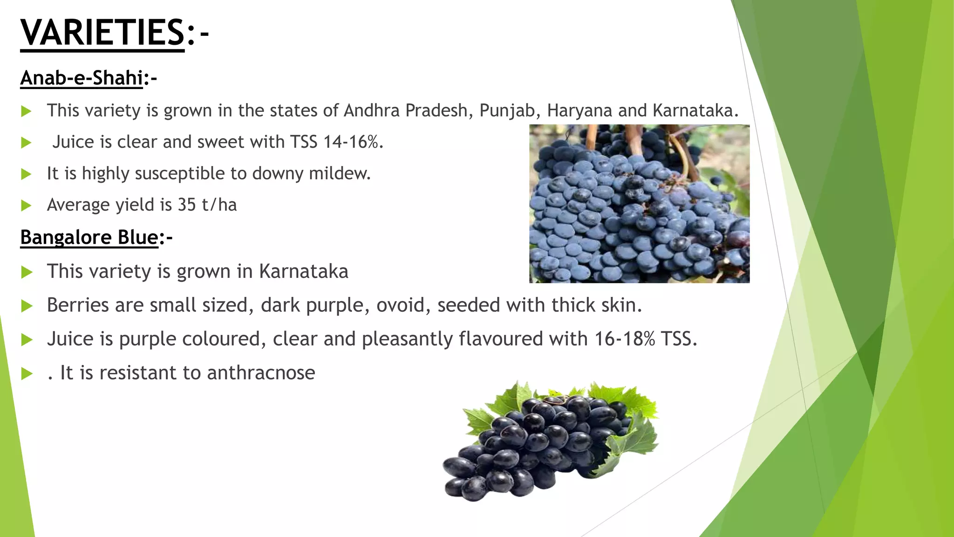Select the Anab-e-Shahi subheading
[x=82, y=78]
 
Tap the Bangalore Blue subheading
[x=89, y=237]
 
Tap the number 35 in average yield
[x=187, y=205]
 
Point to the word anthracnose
[x=261, y=373]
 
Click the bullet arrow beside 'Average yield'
[x=27, y=205]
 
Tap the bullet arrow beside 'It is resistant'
[x=27, y=373]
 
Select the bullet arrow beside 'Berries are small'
[x=27, y=306]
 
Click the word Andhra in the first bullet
[x=372, y=111]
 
